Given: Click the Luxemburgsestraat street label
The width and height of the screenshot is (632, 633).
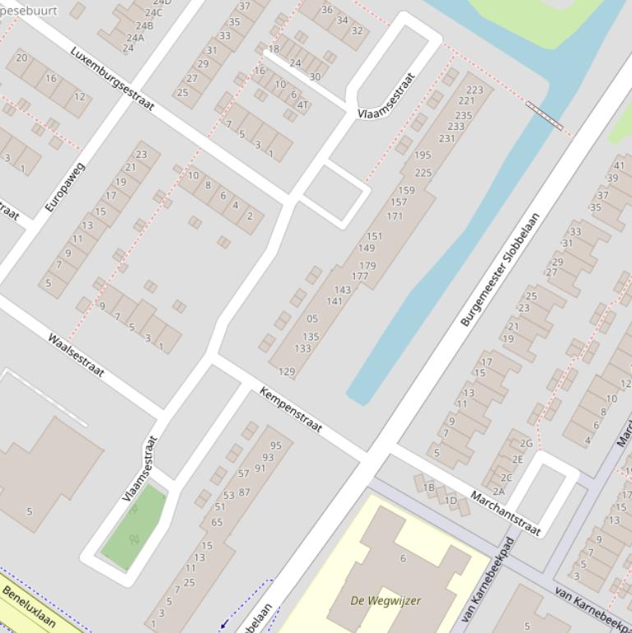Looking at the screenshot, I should pyautogui.click(x=112, y=78).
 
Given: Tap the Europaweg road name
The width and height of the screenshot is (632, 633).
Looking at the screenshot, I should pyautogui.click(x=65, y=187).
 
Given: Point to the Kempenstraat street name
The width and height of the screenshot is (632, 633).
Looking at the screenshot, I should pyautogui.click(x=291, y=410).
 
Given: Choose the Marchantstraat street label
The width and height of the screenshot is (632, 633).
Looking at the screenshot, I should pyautogui.click(x=505, y=513).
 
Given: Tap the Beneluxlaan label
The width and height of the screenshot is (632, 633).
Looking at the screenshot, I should pyautogui.click(x=29, y=606).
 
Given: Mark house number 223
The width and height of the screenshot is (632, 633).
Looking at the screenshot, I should pyautogui.click(x=474, y=90).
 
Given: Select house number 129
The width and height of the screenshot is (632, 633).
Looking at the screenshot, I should pyautogui.click(x=287, y=372).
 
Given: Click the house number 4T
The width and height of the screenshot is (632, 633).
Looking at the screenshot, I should pyautogui.click(x=302, y=105).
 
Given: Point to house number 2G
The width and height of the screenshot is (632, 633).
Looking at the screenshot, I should pyautogui.click(x=526, y=443).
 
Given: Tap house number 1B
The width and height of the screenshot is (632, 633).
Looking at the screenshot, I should pyautogui.click(x=428, y=487).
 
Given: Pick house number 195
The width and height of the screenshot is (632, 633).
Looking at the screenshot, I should pyautogui.click(x=422, y=155).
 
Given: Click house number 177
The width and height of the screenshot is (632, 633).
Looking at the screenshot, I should pyautogui.click(x=360, y=276).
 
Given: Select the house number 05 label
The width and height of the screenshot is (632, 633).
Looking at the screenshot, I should pyautogui.click(x=311, y=319).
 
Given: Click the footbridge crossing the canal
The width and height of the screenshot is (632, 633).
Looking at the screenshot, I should pyautogui.click(x=544, y=116).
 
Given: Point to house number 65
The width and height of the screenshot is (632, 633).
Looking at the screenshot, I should pyautogui.click(x=217, y=522).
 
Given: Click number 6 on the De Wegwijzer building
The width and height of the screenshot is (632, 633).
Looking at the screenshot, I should pyautogui.click(x=403, y=558).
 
